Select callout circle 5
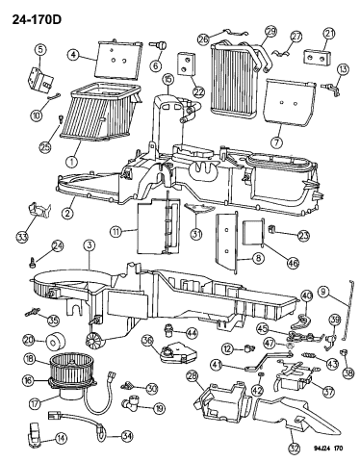click(39, 48)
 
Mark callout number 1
click(68, 149)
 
